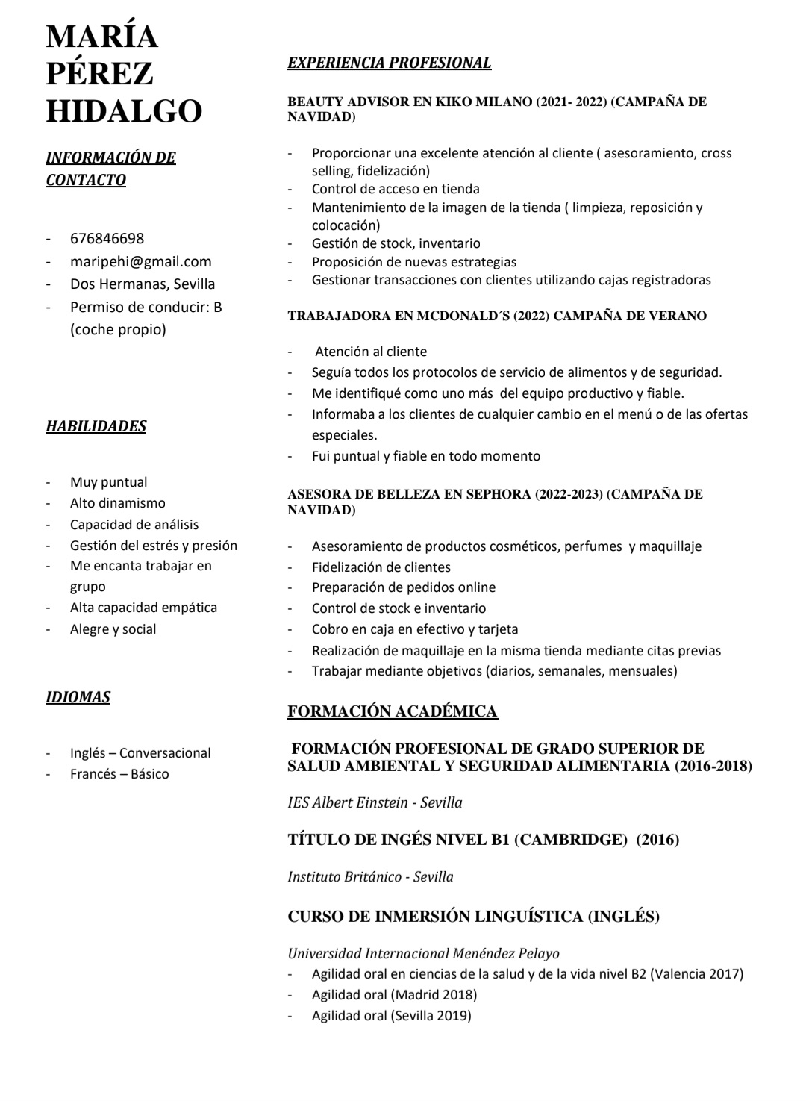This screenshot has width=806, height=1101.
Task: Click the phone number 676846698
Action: point(107,239)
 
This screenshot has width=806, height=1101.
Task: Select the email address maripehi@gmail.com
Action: point(140,261)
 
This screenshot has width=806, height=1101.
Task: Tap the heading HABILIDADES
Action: point(96,426)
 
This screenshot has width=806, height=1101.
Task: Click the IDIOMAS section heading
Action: point(78,697)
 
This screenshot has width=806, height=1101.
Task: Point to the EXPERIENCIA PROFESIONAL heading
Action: point(390,63)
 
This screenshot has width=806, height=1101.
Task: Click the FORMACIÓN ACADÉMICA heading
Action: point(393,711)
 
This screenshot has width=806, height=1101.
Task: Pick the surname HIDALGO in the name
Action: point(124,111)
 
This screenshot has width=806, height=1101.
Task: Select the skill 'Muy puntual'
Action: point(108,482)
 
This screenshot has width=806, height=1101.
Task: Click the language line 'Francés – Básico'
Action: point(119,774)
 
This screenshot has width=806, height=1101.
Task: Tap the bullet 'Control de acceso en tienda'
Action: point(396,189)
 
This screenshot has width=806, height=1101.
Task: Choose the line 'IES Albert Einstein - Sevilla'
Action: point(375,803)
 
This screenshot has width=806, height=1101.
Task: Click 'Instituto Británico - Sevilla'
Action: point(370,877)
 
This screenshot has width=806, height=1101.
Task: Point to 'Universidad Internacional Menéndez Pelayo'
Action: point(423,953)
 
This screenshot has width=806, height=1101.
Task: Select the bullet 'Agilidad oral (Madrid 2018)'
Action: point(394,994)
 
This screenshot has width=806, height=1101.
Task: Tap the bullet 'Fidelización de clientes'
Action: point(381,567)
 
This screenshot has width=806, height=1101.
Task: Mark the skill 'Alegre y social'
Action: point(113,629)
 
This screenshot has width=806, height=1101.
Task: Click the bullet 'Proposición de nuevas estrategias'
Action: point(413,262)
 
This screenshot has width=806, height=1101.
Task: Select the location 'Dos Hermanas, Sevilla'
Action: point(142,284)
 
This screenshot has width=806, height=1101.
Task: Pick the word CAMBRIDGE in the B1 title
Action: point(570,840)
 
